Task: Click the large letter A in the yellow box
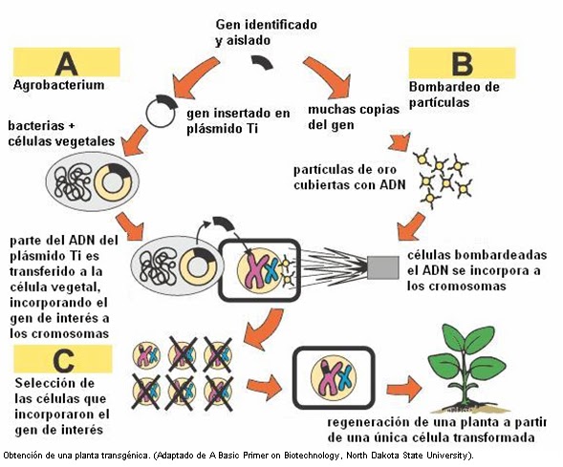(66, 62)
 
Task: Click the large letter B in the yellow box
(462, 64)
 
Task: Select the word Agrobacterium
(58, 85)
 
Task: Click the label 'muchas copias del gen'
(346, 117)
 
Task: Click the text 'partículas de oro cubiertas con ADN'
(342, 177)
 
